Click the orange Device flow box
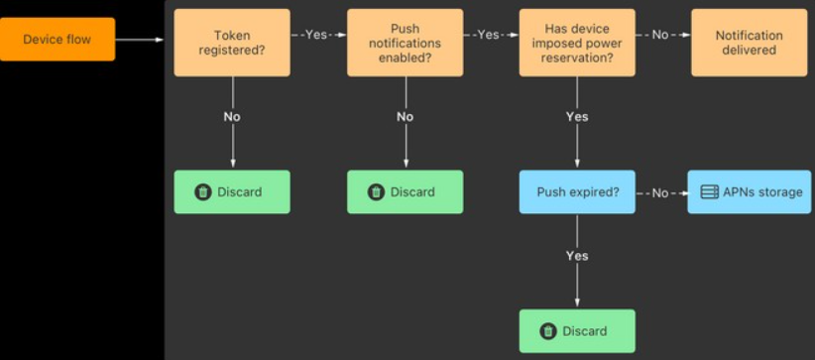tap(58, 40)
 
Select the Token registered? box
tap(232, 43)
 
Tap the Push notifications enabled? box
tap(405, 43)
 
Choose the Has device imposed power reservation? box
tap(577, 43)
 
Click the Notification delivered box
tap(749, 43)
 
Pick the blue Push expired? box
tap(577, 192)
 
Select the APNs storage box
tap(750, 192)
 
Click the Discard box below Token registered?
tap(232, 192)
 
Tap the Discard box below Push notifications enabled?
tap(405, 192)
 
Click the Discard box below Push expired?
tap(577, 331)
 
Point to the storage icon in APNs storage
tap(710, 192)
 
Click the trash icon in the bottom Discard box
tap(548, 331)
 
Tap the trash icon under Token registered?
tap(203, 192)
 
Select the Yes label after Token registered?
tap(316, 35)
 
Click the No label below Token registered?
tap(232, 117)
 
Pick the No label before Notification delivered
tap(660, 35)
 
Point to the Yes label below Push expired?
tap(577, 256)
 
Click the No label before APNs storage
tap(660, 193)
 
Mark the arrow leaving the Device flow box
tap(139, 40)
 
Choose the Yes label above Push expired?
tap(577, 117)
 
